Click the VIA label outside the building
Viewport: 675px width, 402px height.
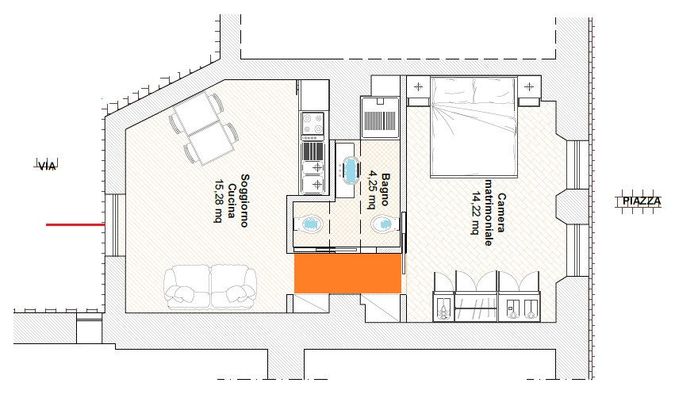coord(48,165)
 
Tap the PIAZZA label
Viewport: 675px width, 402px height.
coord(642,201)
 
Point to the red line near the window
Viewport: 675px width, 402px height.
coord(75,224)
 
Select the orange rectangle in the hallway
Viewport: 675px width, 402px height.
coord(348,274)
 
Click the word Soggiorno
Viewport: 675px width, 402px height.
coord(244,201)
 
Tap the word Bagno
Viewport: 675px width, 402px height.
coord(385,189)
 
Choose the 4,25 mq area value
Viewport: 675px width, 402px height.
coord(371,190)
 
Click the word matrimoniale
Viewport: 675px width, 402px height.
coord(489,212)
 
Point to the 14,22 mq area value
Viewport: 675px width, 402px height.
coord(476,213)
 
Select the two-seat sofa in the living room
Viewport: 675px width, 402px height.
coord(210,287)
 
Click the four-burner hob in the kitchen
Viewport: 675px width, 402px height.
coord(313,124)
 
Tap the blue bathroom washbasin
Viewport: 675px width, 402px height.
coord(351,170)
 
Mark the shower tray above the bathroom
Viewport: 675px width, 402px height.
coord(380,117)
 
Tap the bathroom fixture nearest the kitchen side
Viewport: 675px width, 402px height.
coord(309,224)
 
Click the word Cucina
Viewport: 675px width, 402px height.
coord(232,201)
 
